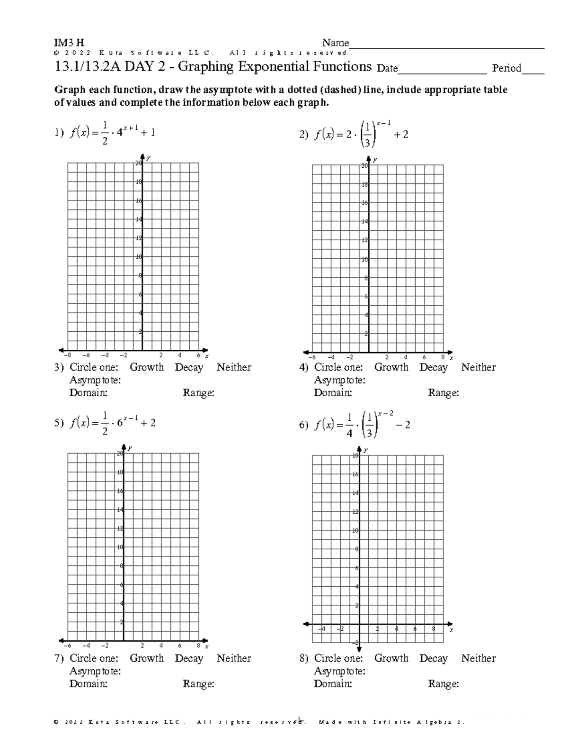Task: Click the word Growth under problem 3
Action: [147, 367]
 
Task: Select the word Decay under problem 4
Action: [433, 367]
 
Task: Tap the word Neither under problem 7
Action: [234, 658]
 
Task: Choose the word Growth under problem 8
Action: [391, 658]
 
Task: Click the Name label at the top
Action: [336, 43]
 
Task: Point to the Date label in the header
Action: [387, 68]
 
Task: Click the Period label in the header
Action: [506, 68]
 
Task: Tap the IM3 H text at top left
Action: [70, 43]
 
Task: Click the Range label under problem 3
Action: [198, 393]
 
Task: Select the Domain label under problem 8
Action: [333, 684]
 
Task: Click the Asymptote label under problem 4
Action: [339, 380]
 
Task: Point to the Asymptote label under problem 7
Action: [95, 671]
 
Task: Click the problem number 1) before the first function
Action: [59, 134]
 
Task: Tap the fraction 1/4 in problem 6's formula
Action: [349, 425]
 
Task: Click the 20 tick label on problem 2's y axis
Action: [364, 166]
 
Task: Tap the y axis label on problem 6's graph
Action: [366, 450]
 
